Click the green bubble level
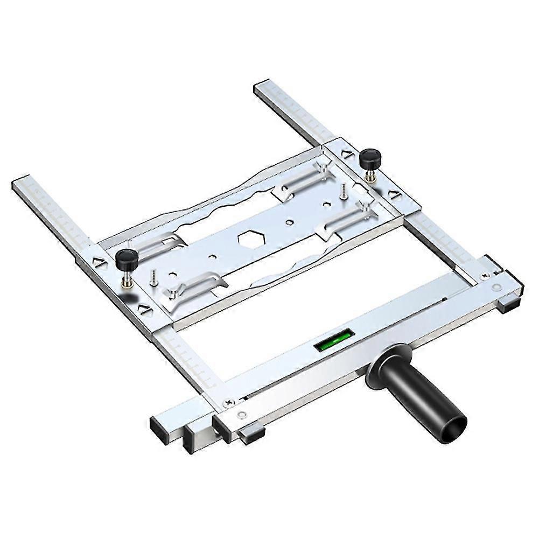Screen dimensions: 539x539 tap(334, 340)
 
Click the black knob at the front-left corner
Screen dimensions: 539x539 tap(127, 259)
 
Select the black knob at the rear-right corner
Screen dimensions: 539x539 tap(370, 158)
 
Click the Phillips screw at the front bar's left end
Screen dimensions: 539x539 tap(229, 402)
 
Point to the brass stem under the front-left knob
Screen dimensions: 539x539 tap(128, 278)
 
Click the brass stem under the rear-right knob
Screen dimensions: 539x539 tap(370, 175)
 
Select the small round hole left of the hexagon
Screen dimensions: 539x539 tap(213, 257)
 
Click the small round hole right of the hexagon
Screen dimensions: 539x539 tap(290, 221)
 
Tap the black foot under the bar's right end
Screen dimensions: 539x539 tap(508, 305)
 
